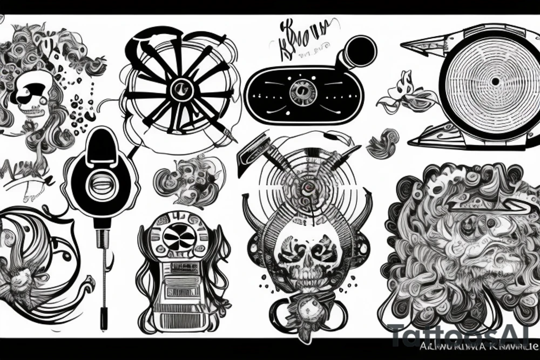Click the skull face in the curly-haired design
coord(33,97)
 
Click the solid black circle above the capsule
coord(359,53)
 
